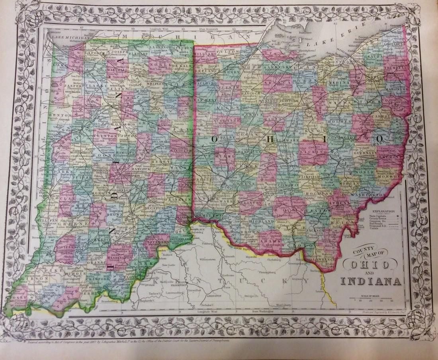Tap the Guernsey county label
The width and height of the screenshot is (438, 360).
coord(365,152)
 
